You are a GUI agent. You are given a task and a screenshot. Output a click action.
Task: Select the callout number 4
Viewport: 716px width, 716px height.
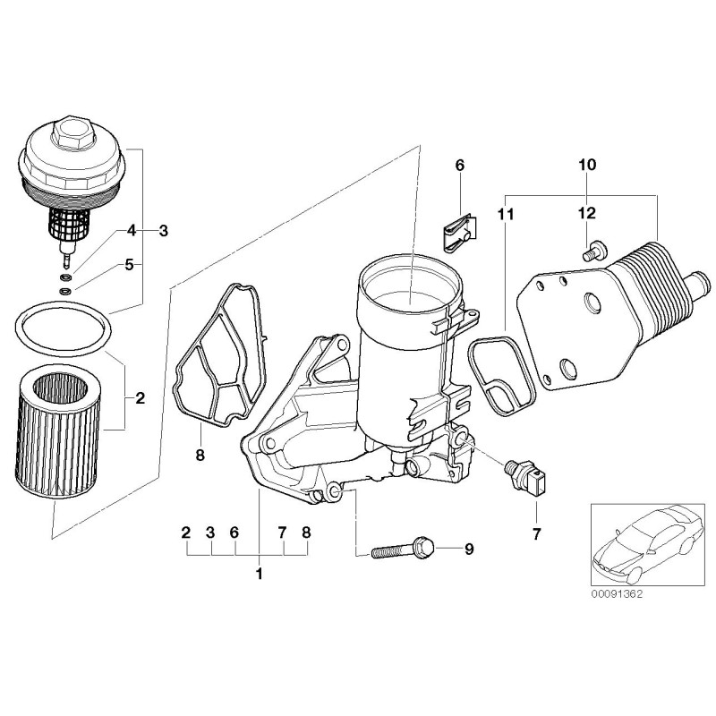click(x=132, y=230)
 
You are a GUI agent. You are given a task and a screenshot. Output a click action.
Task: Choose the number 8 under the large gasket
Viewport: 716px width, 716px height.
click(x=200, y=456)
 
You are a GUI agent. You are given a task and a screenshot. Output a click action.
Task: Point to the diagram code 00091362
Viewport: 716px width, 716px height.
click(x=617, y=593)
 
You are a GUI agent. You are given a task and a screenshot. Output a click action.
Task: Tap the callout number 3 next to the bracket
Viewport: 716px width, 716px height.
click(x=163, y=230)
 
